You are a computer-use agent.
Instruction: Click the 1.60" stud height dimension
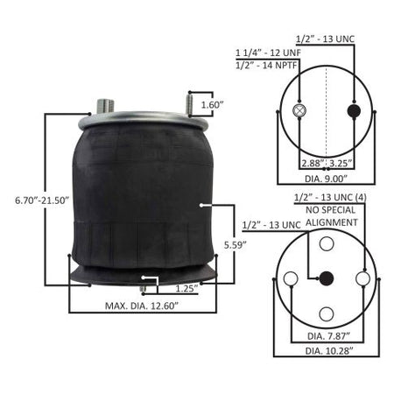point(212,105)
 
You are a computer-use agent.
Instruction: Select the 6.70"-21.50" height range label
point(42,201)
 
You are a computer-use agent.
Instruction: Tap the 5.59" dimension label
point(236,245)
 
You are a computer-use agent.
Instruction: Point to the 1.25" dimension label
point(186,289)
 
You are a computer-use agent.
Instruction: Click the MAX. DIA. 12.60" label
point(142,306)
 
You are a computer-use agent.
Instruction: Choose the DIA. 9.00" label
point(326,179)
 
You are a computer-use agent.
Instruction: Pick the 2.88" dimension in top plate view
point(313,163)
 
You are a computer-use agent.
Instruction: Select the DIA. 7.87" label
point(328,336)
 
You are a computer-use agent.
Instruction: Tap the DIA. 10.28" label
point(329,351)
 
